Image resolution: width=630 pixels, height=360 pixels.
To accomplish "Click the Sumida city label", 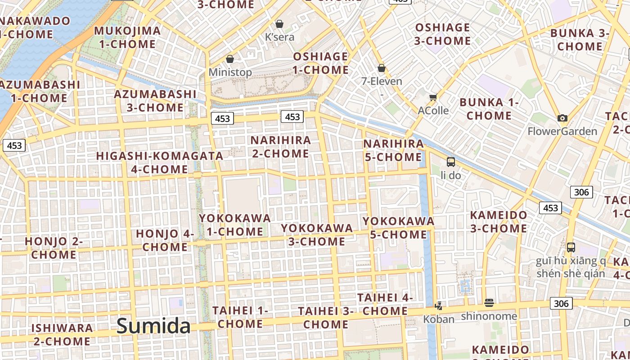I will point(153,326).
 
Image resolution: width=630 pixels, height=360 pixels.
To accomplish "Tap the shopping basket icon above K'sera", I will point(279,23).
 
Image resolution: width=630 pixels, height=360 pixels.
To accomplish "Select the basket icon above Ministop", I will point(230,59).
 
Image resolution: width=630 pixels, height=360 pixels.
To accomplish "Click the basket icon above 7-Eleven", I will point(382,68).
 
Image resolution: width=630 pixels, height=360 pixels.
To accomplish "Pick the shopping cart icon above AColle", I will point(433,97).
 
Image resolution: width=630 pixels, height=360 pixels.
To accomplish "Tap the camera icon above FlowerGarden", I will point(562,118).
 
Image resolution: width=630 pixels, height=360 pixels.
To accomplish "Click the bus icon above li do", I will point(451,162).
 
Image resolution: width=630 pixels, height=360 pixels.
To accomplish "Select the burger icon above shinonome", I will point(489,303).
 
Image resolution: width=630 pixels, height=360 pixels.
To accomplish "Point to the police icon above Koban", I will point(438,306).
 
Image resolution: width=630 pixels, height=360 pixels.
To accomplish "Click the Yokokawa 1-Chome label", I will point(235,225).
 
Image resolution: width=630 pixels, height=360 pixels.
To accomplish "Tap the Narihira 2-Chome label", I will point(281,147).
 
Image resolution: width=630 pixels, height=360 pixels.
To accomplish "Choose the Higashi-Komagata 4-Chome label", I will point(160,162).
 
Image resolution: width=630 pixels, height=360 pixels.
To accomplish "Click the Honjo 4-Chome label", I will point(165,240).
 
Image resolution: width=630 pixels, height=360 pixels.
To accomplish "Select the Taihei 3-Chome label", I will point(326,317).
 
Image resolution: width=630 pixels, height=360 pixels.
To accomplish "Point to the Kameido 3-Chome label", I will point(499,221).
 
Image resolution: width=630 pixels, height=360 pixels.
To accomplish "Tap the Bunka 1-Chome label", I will point(489,109).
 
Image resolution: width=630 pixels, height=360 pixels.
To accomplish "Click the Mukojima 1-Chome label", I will point(127,37).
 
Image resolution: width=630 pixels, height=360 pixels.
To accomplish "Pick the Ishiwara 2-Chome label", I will point(62,334).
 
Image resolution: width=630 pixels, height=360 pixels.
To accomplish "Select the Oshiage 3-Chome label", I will point(442,34).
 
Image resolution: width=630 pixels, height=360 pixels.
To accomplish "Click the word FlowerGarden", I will point(562,131).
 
